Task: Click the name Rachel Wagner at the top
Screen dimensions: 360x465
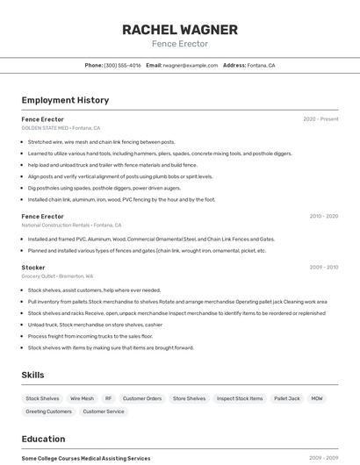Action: click(x=180, y=30)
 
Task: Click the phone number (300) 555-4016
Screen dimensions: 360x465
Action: click(x=122, y=65)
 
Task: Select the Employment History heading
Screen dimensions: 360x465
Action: click(x=65, y=100)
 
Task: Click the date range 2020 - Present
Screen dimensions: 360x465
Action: click(x=320, y=118)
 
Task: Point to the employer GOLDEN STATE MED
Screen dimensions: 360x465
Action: click(x=45, y=127)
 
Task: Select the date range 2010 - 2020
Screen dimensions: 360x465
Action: click(x=323, y=216)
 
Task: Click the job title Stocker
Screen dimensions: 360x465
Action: click(x=33, y=267)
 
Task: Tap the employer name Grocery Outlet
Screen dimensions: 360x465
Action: click(x=40, y=275)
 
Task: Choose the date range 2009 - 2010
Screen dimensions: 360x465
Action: click(x=323, y=267)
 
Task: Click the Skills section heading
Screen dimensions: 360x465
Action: click(x=32, y=375)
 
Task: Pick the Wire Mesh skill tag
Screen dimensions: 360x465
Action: click(x=82, y=398)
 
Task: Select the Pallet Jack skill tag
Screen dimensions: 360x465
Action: click(x=286, y=398)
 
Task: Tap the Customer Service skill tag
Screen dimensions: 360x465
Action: click(x=104, y=411)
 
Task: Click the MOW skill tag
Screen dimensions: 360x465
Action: click(x=316, y=398)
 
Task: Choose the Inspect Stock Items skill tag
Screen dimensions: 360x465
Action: click(x=240, y=398)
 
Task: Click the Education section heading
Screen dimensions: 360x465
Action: click(x=43, y=439)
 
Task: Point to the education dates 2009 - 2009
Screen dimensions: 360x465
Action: click(x=323, y=458)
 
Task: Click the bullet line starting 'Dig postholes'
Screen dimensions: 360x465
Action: click(x=104, y=188)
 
